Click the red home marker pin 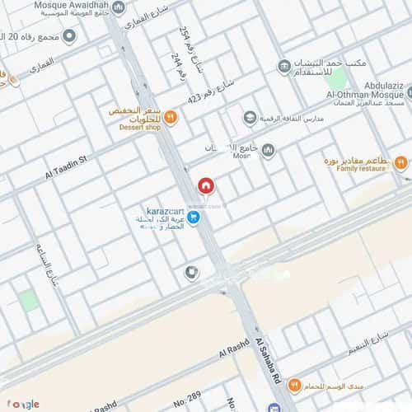click(205, 186)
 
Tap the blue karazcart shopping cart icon click(193, 218)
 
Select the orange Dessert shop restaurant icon click(171, 117)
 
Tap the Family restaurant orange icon click(400, 163)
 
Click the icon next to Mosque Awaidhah click(118, 7)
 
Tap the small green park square click(30, 300)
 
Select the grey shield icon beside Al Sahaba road click(191, 273)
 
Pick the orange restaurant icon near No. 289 click(293, 385)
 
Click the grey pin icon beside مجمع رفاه click(69, 36)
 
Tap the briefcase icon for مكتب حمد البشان click(283, 65)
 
